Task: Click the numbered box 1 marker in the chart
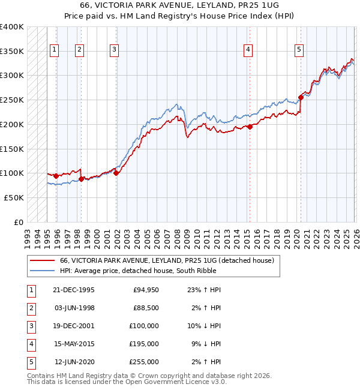55,50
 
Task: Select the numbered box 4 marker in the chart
248,50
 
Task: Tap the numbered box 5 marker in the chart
299,50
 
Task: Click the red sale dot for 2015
250,126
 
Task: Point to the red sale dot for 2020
301,97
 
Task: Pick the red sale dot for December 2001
116,173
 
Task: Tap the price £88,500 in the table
146,308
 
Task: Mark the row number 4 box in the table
29,344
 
